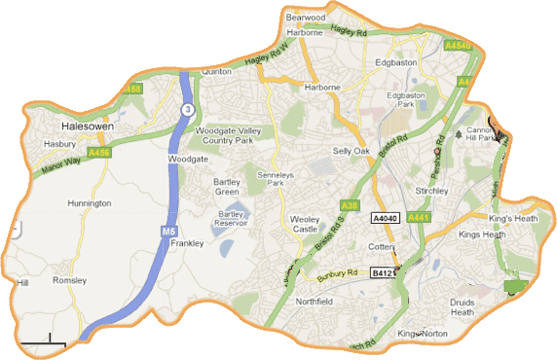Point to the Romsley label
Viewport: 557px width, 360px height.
pyautogui.click(x=69, y=280)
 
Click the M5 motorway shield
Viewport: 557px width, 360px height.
pyautogui.click(x=168, y=233)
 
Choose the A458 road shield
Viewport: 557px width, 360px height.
pyautogui.click(x=134, y=89)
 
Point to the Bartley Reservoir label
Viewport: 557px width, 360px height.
pyautogui.click(x=233, y=218)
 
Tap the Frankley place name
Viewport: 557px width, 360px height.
pyautogui.click(x=186, y=243)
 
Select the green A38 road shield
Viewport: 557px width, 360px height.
pyautogui.click(x=350, y=205)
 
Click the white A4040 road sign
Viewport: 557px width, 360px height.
pyautogui.click(x=386, y=219)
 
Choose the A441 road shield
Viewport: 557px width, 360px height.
pyautogui.click(x=420, y=217)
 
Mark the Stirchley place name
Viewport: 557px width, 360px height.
pyautogui.click(x=429, y=191)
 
